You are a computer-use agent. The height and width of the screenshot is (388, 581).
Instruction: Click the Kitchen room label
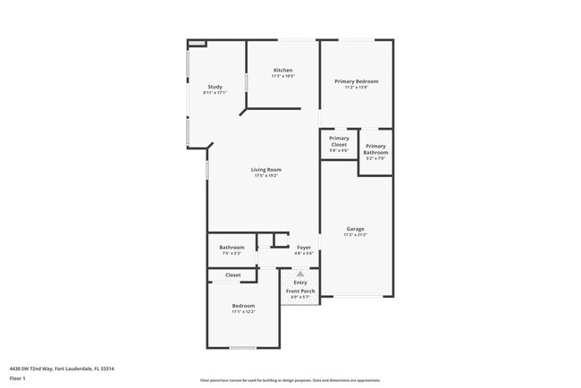pos(283,71)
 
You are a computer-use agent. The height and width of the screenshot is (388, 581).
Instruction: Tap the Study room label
pos(215,87)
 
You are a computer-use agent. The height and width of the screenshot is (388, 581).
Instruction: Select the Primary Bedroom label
pos(357,81)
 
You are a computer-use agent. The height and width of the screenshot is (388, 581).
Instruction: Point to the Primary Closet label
pos(339,141)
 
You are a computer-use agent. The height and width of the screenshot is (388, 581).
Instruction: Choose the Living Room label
pos(266,170)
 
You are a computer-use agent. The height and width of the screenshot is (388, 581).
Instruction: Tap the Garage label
pos(355,229)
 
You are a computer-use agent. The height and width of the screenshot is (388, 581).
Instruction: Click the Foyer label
pos(304,247)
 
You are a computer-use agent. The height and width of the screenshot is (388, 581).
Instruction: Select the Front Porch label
pos(300,291)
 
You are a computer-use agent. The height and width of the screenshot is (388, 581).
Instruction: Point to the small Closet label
pos(232,275)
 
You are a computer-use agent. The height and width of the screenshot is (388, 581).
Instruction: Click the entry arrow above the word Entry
pos(300,274)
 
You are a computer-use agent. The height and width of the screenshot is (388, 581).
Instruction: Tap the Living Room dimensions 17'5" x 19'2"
pos(266,176)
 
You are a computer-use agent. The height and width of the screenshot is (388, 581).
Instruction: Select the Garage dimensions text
pos(355,235)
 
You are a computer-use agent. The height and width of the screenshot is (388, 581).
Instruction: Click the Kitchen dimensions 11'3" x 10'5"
pos(283,76)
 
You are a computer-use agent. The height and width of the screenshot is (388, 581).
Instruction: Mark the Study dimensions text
pos(215,93)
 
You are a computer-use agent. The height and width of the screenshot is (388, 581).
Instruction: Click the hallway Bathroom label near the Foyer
pos(232,247)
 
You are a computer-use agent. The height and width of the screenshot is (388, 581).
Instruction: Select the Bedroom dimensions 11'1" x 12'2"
pos(243,312)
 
